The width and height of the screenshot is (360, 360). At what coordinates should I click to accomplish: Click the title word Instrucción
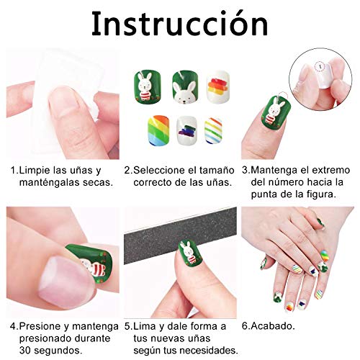pos(180,24)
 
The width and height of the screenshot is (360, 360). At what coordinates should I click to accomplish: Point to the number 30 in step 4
pos(25,350)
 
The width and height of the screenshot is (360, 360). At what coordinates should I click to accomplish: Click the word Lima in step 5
pos(144,326)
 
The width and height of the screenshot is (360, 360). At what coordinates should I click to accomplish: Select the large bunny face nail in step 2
pos(185,88)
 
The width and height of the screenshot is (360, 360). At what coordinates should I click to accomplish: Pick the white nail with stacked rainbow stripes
pos(218,86)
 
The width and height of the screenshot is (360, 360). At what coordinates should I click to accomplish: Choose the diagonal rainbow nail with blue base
pos(158,130)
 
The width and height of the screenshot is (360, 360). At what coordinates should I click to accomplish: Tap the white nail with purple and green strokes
pos(186,130)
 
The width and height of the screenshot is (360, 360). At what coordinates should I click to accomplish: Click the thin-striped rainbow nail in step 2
pos(213,130)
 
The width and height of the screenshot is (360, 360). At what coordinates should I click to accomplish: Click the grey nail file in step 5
pos(180,236)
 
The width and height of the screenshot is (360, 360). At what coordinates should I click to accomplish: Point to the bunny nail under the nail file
pos(191,253)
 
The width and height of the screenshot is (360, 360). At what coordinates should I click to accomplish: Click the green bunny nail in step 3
pos(275,113)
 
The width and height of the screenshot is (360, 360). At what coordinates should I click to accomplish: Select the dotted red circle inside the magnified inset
pos(319,66)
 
